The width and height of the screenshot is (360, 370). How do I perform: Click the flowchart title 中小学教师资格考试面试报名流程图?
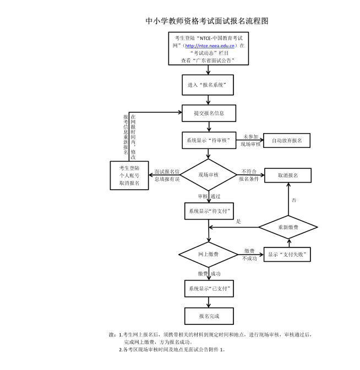[207, 21]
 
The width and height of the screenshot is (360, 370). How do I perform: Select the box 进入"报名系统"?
[209, 85]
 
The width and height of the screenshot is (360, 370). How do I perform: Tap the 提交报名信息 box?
[209, 113]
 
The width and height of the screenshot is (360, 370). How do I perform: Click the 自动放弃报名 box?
[286, 141]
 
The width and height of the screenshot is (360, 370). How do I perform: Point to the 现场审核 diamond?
[208, 175]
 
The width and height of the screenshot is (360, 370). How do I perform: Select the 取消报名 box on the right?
[287, 175]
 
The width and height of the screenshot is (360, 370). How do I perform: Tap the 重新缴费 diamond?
[288, 227]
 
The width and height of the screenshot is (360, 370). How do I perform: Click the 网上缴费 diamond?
[208, 255]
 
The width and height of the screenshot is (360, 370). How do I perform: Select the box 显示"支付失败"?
[286, 255]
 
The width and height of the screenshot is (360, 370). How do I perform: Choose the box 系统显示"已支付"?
[208, 288]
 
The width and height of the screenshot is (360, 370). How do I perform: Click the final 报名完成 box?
[208, 316]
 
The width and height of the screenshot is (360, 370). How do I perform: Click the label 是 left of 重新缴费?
[238, 222]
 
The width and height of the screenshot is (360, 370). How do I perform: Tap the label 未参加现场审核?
[251, 140]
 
